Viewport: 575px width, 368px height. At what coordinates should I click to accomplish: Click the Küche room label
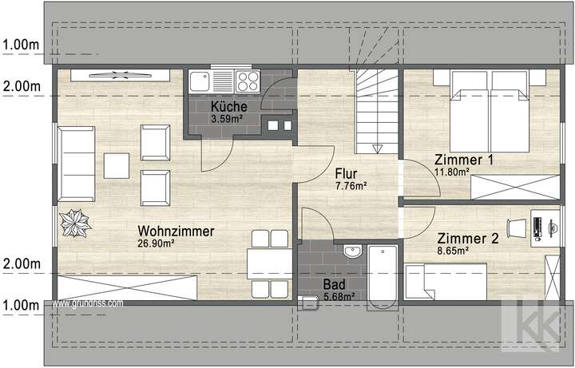point(229,108)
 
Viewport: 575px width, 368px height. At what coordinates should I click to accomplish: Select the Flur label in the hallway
point(346,173)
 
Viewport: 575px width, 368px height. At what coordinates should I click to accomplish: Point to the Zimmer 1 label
point(463,160)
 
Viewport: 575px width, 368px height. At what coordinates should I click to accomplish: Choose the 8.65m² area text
point(452,250)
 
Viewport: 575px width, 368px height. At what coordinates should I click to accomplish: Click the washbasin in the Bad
point(351,253)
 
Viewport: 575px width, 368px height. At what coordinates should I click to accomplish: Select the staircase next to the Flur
point(375,112)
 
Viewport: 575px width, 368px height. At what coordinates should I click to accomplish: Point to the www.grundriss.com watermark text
point(88,303)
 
